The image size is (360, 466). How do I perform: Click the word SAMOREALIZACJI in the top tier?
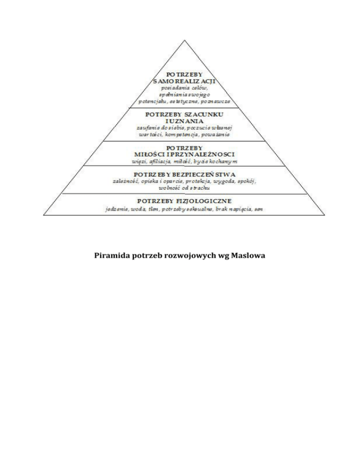(181, 82)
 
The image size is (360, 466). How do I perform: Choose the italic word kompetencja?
(184, 134)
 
